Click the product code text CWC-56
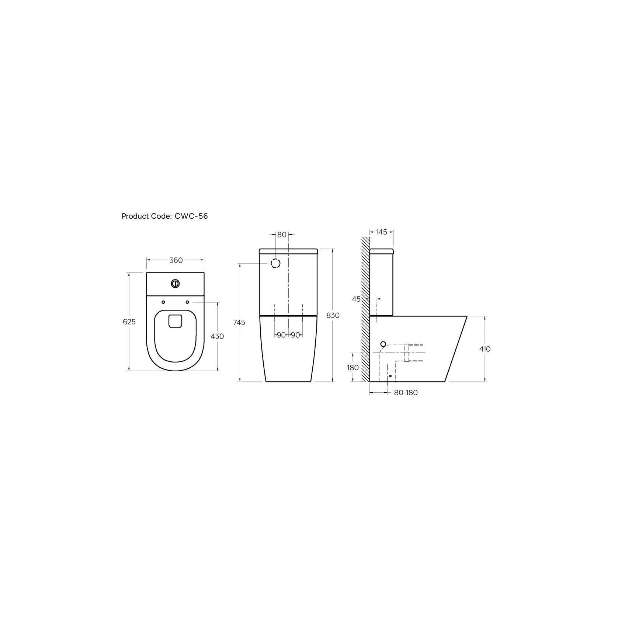coord(191,216)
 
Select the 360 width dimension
coord(176,260)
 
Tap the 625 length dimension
coord(129,322)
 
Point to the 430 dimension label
coord(217,336)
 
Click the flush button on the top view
coord(176,284)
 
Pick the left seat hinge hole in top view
coord(163,302)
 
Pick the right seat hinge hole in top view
coord(187,302)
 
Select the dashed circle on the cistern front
coord(276,263)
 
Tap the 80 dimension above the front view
coord(282,235)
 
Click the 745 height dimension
coord(239,323)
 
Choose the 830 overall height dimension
coord(333,316)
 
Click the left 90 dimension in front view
coord(281,335)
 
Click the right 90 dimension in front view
coord(295,335)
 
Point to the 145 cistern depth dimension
coord(382,232)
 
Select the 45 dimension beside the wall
coord(356,299)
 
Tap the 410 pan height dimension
coord(485,349)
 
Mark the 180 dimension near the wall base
coord(353,368)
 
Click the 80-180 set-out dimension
coord(406,393)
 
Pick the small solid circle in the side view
coord(383,344)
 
